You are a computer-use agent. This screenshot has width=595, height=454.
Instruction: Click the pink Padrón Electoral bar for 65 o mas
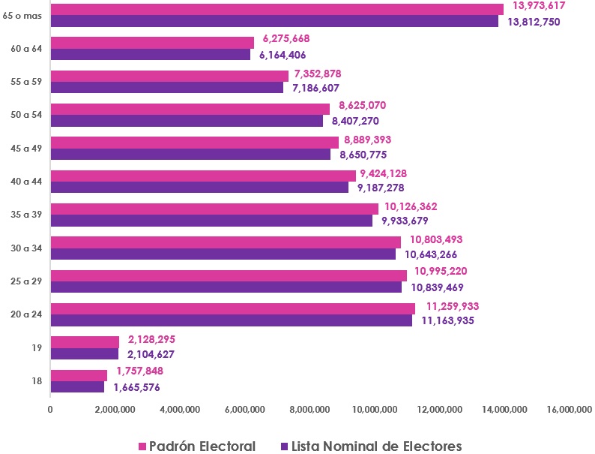(x=277, y=9)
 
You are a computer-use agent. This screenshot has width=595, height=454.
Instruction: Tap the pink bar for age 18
(x=79, y=375)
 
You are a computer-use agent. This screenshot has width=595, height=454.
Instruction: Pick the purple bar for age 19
(x=84, y=353)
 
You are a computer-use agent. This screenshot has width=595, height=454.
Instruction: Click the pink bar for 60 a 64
(x=152, y=43)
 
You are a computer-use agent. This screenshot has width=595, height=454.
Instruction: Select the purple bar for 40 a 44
(x=199, y=188)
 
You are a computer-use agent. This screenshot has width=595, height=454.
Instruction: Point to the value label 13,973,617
(x=538, y=6)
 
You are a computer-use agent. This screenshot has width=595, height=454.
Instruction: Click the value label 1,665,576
(x=136, y=388)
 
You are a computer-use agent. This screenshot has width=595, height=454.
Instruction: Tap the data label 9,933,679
(x=408, y=221)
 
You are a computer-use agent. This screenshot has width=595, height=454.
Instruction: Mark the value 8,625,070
(x=363, y=106)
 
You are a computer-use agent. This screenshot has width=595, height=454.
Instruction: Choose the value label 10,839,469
(x=437, y=287)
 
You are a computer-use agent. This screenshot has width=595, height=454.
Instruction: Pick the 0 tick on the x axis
(x=50, y=409)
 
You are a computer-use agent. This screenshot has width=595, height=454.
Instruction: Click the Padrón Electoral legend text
(x=202, y=446)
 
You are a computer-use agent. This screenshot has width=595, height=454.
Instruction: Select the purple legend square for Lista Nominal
(x=283, y=446)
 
